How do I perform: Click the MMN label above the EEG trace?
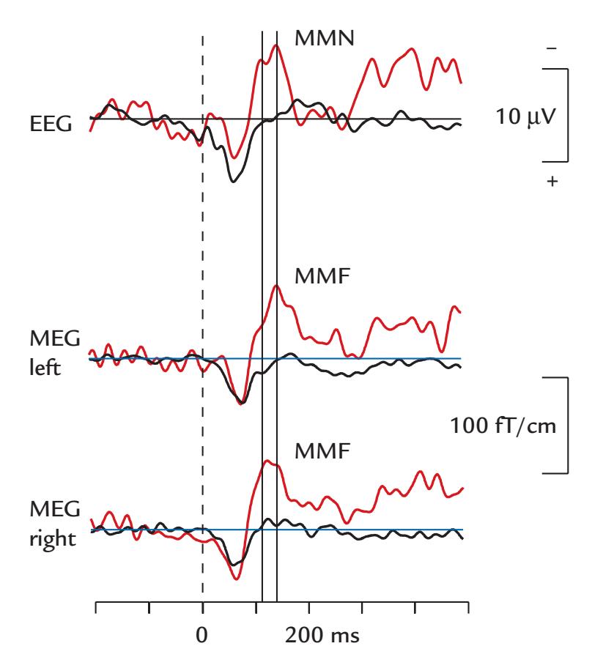click(324, 37)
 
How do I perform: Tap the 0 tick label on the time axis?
click(202, 634)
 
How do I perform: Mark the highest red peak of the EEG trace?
click(276, 45)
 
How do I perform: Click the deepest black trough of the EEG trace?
click(233, 181)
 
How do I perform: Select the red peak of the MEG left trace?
click(276, 286)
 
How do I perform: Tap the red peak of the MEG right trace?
click(267, 461)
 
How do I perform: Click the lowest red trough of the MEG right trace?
click(236, 579)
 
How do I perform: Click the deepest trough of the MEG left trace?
click(242, 404)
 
